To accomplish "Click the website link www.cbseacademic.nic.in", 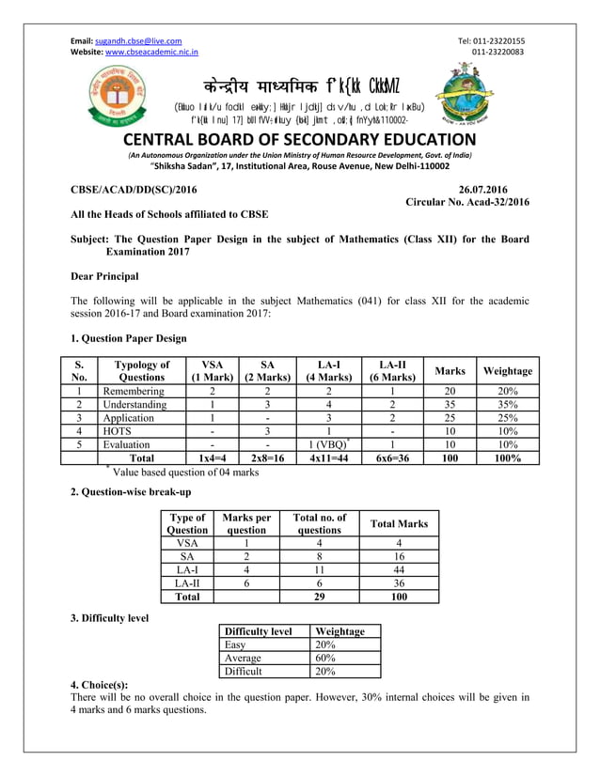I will pyautogui.click(x=151, y=53).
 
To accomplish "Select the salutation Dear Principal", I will pyautogui.click(x=104, y=276).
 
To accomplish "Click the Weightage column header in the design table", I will pyautogui.click(x=507, y=371).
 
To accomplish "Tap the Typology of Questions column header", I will pyautogui.click(x=140, y=371).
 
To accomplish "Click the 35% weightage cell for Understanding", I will pyautogui.click(x=507, y=405).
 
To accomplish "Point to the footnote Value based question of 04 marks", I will pyautogui.click(x=185, y=472).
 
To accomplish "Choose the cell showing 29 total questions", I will pyautogui.click(x=319, y=596).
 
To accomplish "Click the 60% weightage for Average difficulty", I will pyautogui.click(x=328, y=659).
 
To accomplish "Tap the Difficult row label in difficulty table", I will pyautogui.click(x=244, y=672).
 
